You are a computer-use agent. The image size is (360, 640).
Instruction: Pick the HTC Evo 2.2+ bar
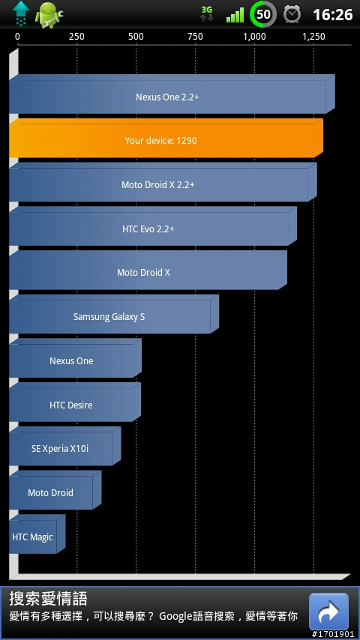pyautogui.click(x=153, y=226)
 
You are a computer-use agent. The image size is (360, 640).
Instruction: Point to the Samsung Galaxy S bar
pyautogui.click(x=113, y=314)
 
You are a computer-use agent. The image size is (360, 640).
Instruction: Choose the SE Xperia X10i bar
pyautogui.click(x=65, y=446)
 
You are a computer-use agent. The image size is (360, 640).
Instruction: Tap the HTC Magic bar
pyautogui.click(x=37, y=534)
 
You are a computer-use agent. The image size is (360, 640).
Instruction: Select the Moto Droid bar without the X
pyautogui.click(x=55, y=490)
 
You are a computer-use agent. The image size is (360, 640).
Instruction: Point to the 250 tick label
pyautogui.click(x=76, y=37)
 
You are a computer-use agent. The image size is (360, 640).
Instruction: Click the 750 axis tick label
pyautogui.click(x=195, y=37)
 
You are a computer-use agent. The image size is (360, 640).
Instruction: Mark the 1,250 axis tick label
pyautogui.click(x=313, y=37)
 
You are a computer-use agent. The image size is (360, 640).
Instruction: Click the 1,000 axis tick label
pyautogui.click(x=254, y=37)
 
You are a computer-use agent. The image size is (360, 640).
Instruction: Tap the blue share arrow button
pyautogui.click(x=328, y=612)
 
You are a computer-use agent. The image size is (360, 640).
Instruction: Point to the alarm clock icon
pyautogui.click(x=292, y=15)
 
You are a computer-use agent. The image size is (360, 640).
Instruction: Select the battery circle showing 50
pyautogui.click(x=262, y=15)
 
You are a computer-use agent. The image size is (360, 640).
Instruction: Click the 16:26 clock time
pyautogui.click(x=332, y=15)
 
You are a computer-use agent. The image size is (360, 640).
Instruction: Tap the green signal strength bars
pyautogui.click(x=235, y=16)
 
